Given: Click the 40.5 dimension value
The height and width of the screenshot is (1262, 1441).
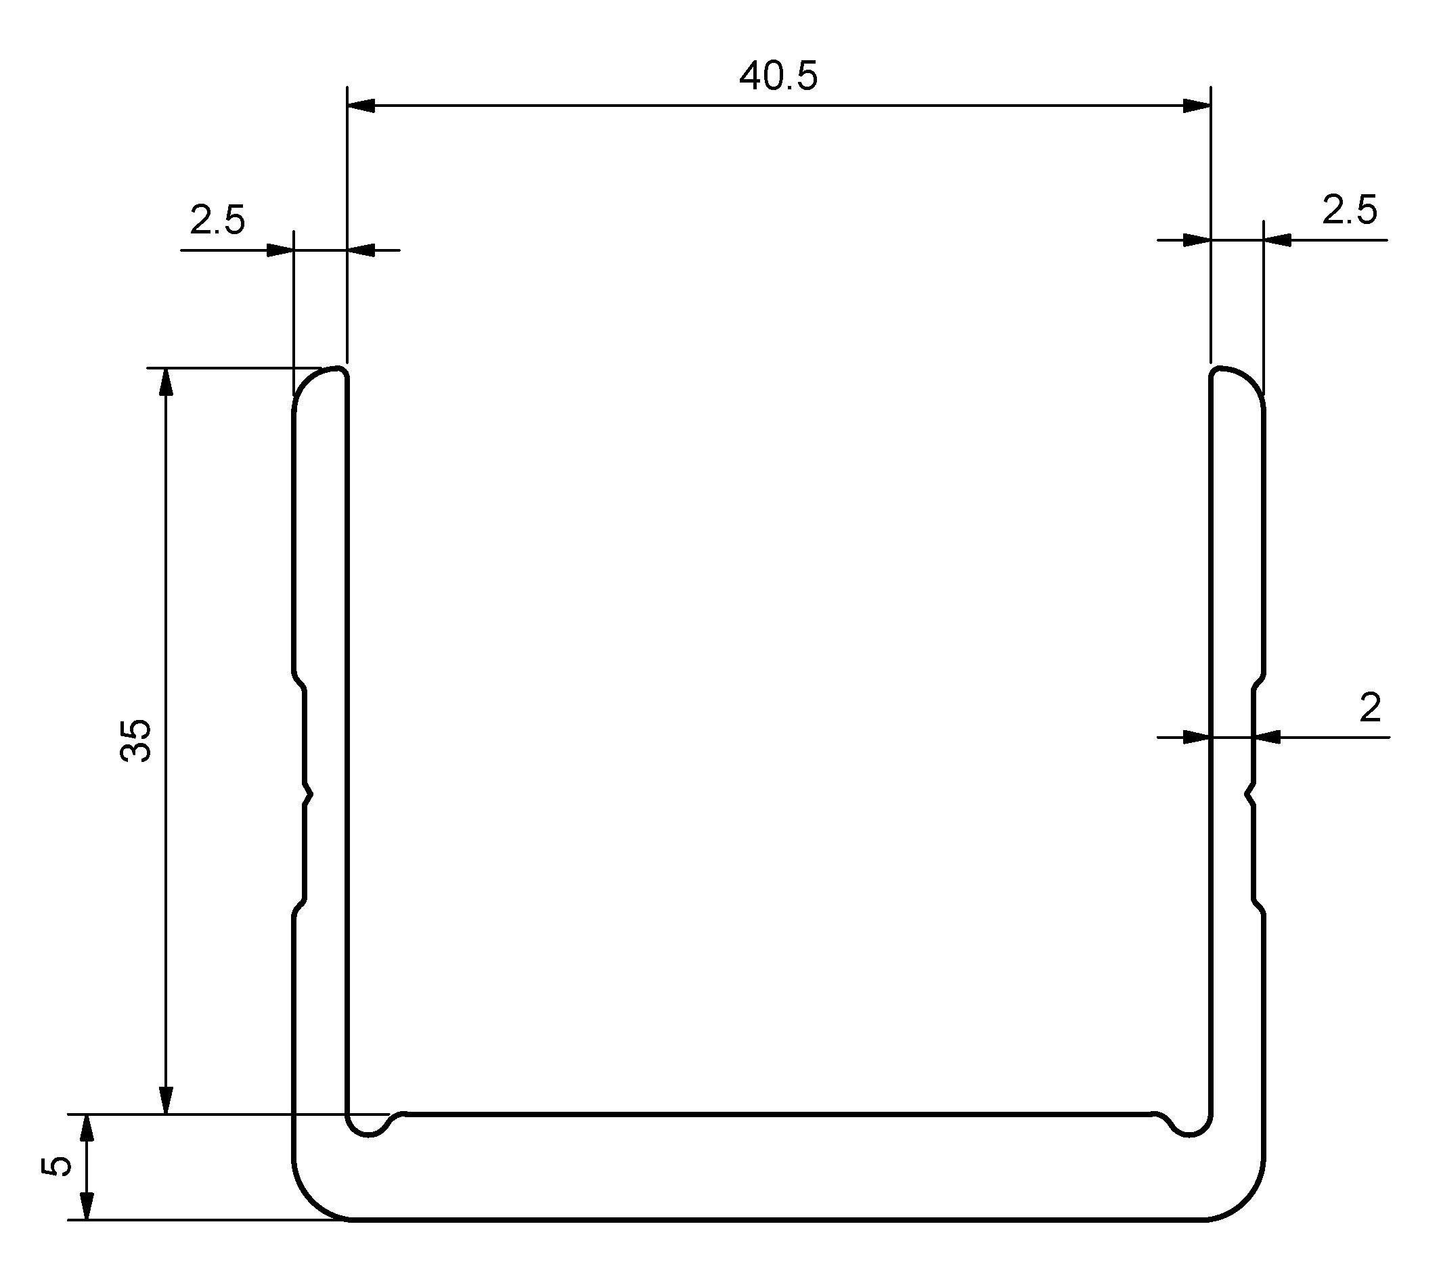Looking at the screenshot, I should coord(778,76).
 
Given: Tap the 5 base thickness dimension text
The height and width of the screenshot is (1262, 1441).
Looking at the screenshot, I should coord(58,1166).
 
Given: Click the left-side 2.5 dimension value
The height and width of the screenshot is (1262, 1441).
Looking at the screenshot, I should coord(217,221).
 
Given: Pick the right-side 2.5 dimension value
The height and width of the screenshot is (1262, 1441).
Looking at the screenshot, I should coord(1349,210).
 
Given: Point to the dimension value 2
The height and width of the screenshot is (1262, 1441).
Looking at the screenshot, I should coord(1369,708).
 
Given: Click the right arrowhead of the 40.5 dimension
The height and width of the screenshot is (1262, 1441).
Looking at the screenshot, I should coord(1197,106).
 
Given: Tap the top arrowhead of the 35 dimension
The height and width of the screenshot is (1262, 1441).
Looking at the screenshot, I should coord(167,382).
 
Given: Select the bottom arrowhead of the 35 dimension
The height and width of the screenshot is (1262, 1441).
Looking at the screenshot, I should coord(167,1100).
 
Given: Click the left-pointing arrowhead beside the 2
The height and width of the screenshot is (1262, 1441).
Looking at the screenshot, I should coord(1267,738).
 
